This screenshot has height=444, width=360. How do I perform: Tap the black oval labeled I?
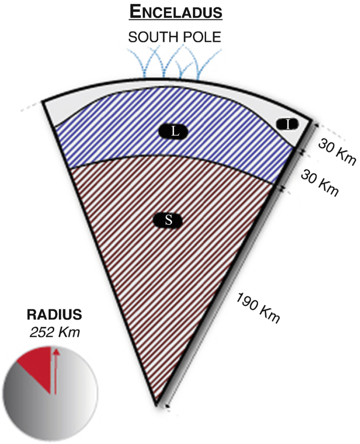(287, 124)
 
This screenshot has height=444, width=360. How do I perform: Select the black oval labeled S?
(169, 220)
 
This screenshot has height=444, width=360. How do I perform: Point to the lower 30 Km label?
(320, 182)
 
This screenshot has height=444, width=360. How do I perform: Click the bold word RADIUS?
(55, 316)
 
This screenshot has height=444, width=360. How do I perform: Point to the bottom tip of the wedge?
(157, 405)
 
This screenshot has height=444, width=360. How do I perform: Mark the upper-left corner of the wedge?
(42, 102)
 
